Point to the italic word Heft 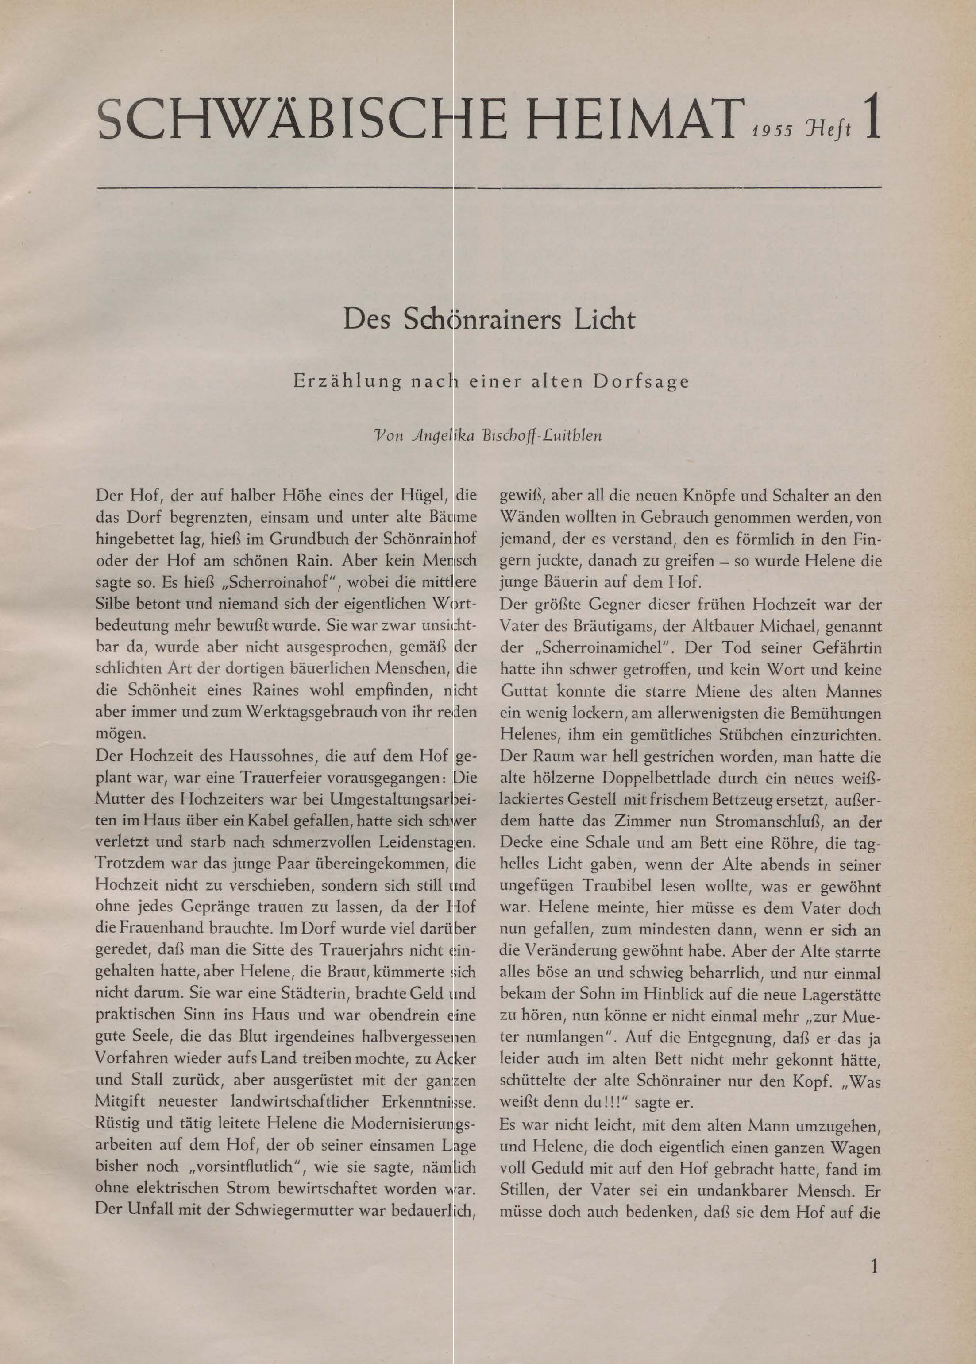point(832,130)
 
